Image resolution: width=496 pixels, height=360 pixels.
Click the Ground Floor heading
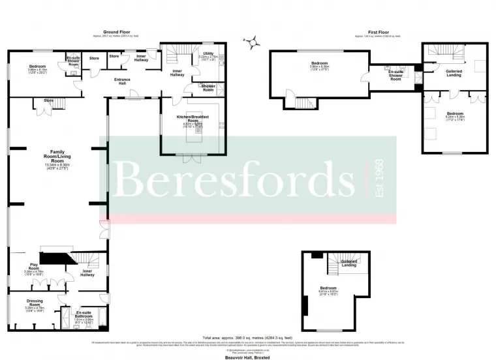point(114,31)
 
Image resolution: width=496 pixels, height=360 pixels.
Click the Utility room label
point(208,53)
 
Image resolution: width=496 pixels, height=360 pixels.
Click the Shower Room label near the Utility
point(208,87)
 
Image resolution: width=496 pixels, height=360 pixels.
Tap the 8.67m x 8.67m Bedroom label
point(328,289)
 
